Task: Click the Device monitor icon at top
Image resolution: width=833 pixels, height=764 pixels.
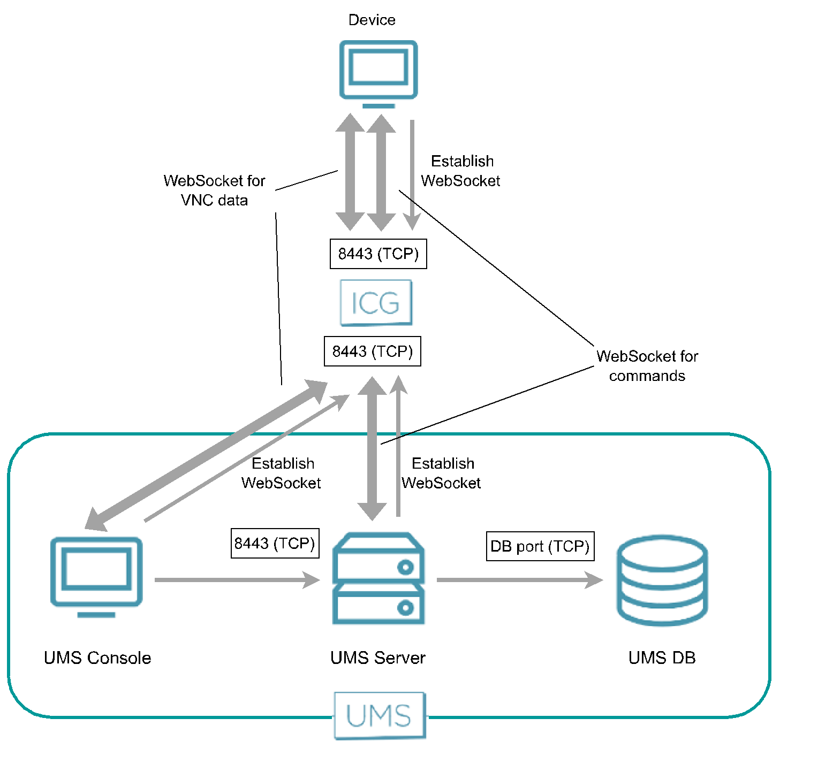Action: (x=378, y=72)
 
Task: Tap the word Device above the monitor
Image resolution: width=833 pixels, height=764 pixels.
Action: (x=372, y=20)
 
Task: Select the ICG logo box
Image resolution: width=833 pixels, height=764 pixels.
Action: (x=376, y=303)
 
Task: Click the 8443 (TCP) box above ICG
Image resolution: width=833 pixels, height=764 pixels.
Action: (x=378, y=254)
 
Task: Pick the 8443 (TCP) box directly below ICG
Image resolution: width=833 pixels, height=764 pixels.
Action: (x=372, y=352)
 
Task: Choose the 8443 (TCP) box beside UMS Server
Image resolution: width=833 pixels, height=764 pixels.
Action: (x=275, y=544)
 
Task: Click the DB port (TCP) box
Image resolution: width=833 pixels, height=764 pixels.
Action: (x=540, y=546)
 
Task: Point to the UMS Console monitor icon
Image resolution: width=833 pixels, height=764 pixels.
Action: (x=96, y=575)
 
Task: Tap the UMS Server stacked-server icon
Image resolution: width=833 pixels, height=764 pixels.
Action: (x=378, y=578)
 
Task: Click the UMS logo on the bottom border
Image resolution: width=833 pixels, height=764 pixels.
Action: (x=380, y=715)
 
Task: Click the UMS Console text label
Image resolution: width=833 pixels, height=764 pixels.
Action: (x=97, y=658)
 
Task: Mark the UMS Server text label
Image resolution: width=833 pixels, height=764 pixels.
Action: (x=377, y=658)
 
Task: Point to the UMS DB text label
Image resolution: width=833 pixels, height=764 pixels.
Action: (x=662, y=658)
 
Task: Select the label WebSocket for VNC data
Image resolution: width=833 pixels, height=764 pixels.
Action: (x=214, y=190)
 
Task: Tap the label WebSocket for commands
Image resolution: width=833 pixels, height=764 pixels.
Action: (x=647, y=366)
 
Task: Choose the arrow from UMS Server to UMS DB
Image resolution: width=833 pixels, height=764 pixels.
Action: (x=519, y=579)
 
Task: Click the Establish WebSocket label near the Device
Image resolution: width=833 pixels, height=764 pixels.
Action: (x=461, y=171)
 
